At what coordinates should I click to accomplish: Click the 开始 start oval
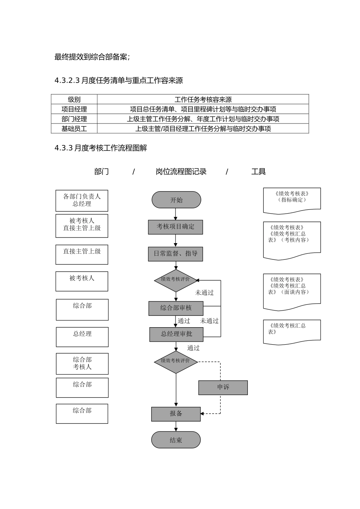[176, 200]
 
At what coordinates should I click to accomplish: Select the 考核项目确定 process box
[175, 227]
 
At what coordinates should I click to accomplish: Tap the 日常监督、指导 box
[175, 254]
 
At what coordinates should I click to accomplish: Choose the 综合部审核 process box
[176, 308]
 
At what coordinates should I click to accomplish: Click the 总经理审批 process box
[176, 334]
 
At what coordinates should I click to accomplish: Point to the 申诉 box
[223, 387]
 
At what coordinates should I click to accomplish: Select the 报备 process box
[176, 414]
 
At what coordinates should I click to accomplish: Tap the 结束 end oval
[176, 440]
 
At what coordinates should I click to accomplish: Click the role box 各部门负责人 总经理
[82, 200]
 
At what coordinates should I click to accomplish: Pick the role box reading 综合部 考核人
[82, 364]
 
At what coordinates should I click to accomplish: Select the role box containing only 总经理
[82, 337]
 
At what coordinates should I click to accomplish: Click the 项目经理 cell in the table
[74, 109]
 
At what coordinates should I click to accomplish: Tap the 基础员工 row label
[74, 129]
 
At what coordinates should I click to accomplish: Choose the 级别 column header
[74, 100]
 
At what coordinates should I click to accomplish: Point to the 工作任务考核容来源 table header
[203, 100]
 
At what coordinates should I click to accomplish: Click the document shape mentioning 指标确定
[292, 200]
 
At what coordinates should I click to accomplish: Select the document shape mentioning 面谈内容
[292, 291]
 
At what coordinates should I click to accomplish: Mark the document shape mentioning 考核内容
[292, 240]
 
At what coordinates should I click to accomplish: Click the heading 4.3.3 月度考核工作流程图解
[101, 148]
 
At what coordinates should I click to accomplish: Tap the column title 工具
[258, 172]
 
